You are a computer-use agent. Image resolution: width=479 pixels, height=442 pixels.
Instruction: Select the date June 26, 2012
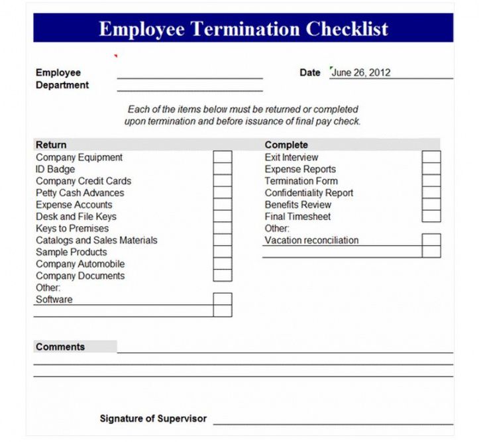(361, 73)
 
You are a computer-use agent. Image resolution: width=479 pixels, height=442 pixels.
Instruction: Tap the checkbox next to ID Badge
(223, 169)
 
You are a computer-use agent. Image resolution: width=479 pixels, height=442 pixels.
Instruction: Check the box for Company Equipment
(223, 157)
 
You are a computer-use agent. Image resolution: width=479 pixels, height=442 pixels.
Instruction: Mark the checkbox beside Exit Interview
(431, 157)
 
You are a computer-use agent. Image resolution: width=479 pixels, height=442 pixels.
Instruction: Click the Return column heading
(51, 144)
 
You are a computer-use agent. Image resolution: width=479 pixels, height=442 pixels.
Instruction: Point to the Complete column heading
(286, 144)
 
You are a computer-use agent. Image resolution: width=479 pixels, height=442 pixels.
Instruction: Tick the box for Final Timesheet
(431, 216)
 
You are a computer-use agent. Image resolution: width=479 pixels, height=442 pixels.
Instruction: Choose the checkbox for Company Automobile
(223, 264)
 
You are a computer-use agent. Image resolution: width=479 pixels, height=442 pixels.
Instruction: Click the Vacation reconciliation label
(311, 241)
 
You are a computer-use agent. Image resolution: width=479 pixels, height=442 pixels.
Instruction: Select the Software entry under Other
(54, 300)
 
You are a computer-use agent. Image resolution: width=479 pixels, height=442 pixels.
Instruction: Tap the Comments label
(60, 347)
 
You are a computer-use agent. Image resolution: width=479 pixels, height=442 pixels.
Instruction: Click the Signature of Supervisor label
(153, 419)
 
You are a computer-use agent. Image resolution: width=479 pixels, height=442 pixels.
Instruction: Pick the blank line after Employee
(189, 74)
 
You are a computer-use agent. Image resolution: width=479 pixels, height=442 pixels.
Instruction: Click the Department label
(62, 85)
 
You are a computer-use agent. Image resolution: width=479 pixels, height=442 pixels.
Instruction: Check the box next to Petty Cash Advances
(223, 193)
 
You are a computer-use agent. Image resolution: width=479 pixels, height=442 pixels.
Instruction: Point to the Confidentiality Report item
(309, 193)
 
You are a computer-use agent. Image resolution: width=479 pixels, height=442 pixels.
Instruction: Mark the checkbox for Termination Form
(431, 181)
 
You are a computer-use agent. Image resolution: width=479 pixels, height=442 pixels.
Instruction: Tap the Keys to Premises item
(72, 229)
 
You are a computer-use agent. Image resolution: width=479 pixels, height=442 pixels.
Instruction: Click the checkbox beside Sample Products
(223, 252)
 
